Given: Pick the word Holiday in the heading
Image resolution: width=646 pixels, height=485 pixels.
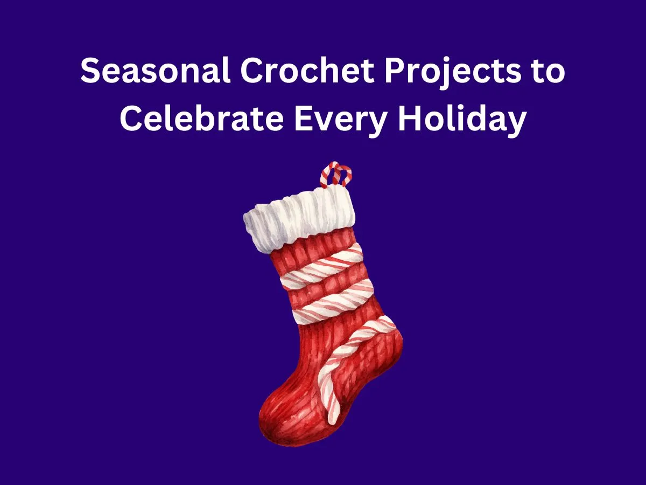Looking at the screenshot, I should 462,120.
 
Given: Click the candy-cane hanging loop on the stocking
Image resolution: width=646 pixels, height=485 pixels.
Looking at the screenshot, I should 335,174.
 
